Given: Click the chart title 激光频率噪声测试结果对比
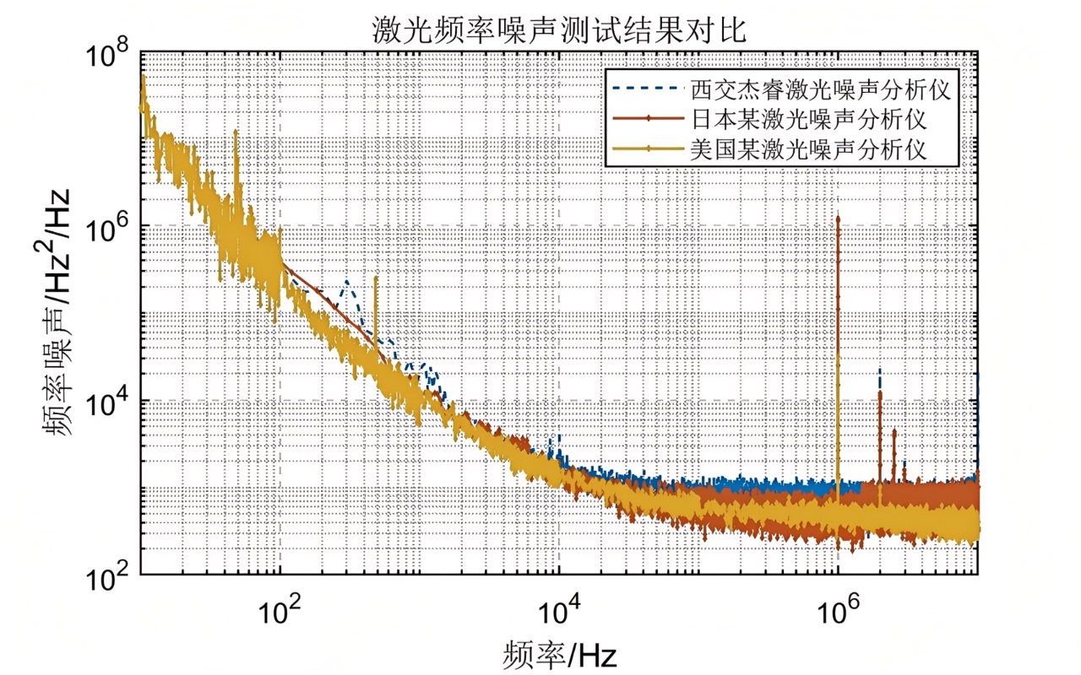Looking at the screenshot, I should coord(560,31).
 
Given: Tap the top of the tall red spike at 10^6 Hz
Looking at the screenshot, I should coord(838,218).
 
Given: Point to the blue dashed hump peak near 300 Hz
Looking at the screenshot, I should coord(347,283).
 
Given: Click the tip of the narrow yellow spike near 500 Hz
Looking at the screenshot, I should coord(376,277).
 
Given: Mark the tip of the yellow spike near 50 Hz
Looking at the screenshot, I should coord(236,132).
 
